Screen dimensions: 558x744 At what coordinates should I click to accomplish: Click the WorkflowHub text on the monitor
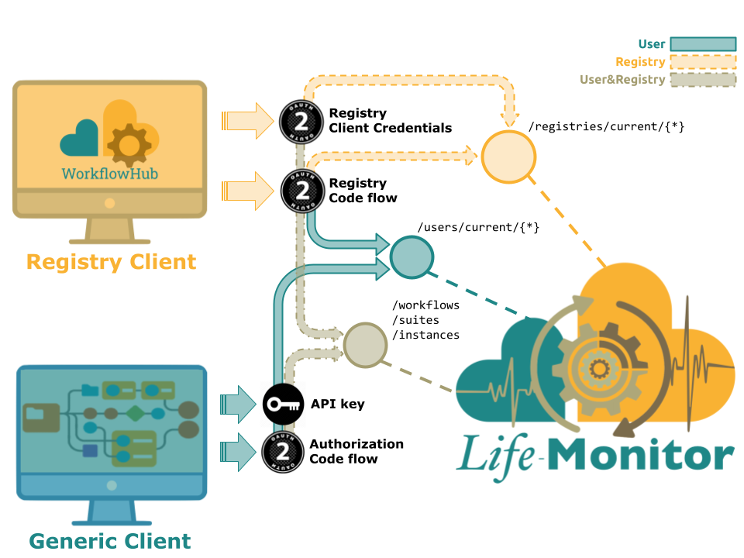(x=109, y=173)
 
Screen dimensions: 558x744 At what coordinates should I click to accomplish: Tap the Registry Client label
(x=111, y=262)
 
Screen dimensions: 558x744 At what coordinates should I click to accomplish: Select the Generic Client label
(x=109, y=540)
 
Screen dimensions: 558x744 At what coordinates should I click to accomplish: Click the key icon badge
(x=283, y=405)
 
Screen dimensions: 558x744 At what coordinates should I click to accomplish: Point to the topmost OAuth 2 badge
(x=301, y=120)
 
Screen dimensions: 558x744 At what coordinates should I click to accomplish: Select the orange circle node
(x=508, y=157)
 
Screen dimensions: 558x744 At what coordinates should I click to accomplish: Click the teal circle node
(x=412, y=257)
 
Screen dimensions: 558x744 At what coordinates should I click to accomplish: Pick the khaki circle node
(x=365, y=343)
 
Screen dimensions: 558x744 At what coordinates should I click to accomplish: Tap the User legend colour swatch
(x=703, y=44)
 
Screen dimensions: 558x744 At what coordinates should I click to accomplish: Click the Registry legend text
(x=640, y=62)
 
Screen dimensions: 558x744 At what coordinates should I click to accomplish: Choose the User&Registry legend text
(x=622, y=79)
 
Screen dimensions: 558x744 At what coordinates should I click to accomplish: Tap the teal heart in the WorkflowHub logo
(x=79, y=138)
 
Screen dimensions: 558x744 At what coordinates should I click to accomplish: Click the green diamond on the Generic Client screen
(x=135, y=412)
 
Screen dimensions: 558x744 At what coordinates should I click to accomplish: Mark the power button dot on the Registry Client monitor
(x=109, y=203)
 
